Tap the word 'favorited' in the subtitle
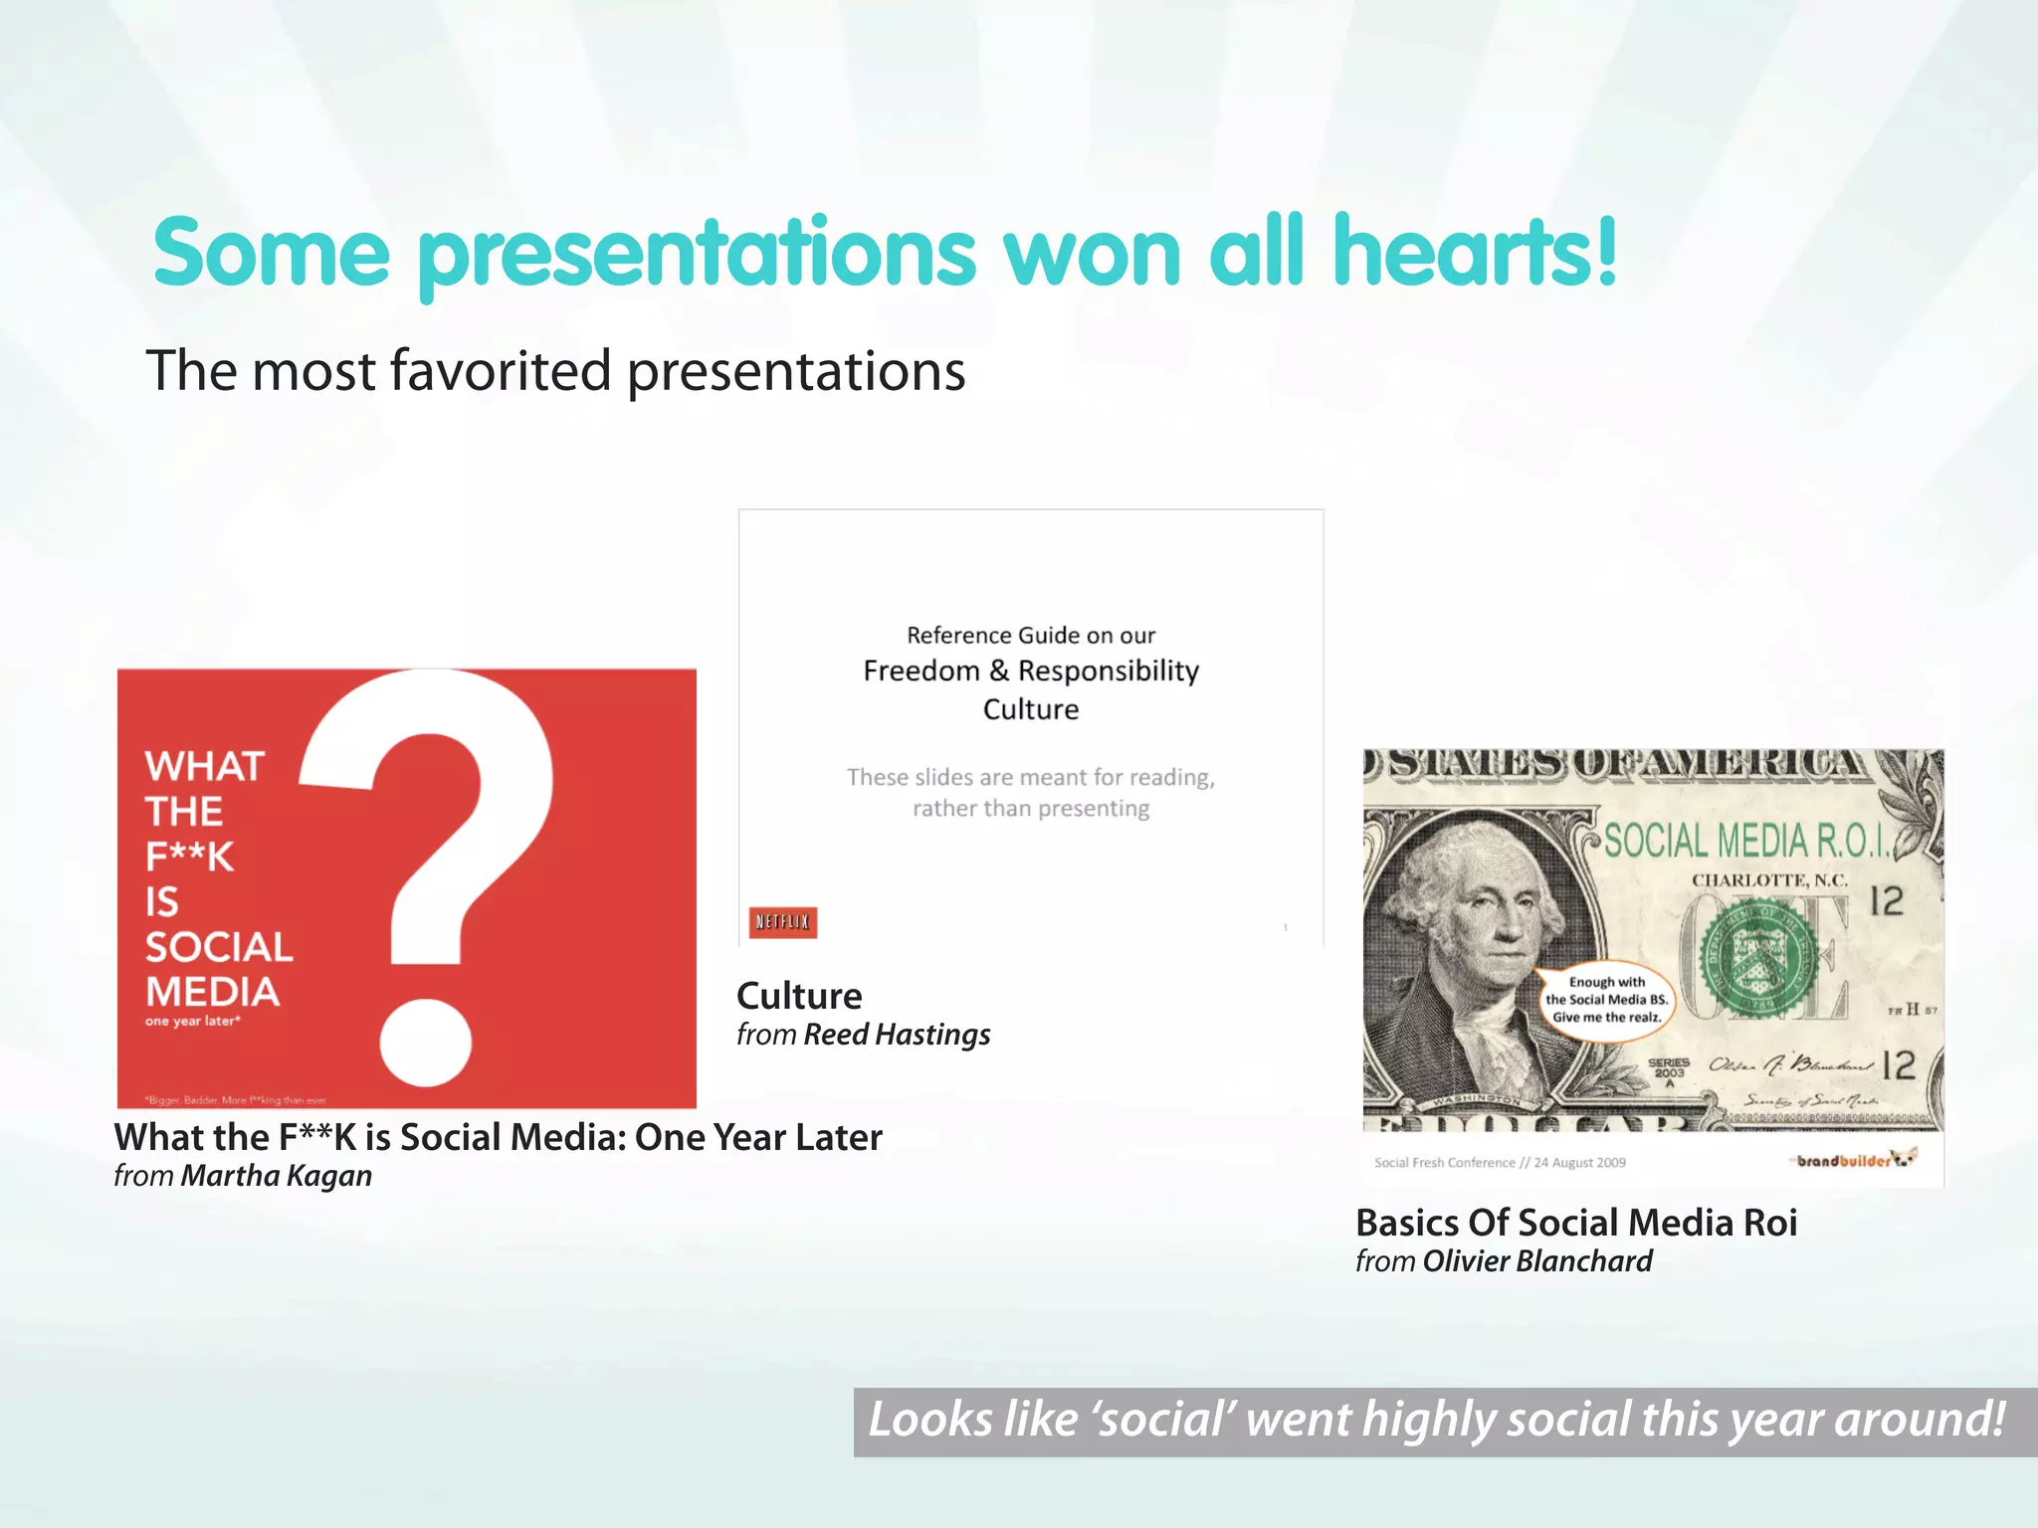click(x=501, y=371)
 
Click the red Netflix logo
click(x=783, y=922)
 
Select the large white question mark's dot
click(x=426, y=1042)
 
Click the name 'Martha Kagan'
click(x=277, y=1176)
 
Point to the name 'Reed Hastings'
click(x=897, y=1035)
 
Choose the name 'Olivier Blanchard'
click(x=1537, y=1261)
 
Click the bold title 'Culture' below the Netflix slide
click(x=799, y=996)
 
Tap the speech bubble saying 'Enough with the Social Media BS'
click(x=1606, y=999)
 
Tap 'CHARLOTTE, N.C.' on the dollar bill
click(x=1770, y=880)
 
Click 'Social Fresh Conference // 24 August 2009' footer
click(x=1500, y=1162)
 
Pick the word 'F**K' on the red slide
click(x=190, y=857)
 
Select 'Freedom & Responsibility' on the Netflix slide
click(x=1031, y=670)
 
